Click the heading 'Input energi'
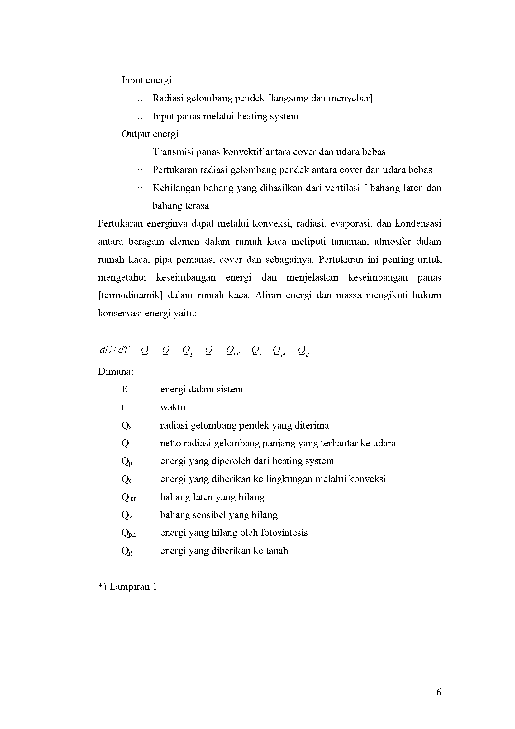tap(146, 80)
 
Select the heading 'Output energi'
tap(150, 134)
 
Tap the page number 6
tap(439, 692)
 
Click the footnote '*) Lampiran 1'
tap(127, 587)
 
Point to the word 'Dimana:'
tap(116, 372)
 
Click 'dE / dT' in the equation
tap(114, 350)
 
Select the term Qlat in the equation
tap(233, 351)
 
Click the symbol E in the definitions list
tap(124, 389)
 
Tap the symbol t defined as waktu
tap(123, 407)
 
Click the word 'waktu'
tap(173, 407)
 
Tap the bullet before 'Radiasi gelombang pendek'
tap(140, 99)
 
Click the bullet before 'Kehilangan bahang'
tap(140, 189)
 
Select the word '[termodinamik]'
tap(130, 295)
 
